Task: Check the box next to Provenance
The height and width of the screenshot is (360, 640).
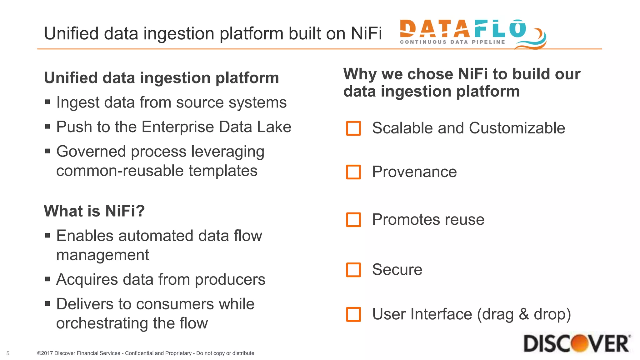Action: tap(353, 172)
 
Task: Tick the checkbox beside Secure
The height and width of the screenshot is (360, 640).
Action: tap(353, 270)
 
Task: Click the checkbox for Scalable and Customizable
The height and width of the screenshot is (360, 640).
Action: tap(353, 128)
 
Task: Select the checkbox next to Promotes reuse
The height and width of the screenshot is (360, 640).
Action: tap(353, 220)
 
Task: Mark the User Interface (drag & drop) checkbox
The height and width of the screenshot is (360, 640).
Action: tap(353, 314)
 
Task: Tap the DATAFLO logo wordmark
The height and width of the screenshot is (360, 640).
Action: tap(462, 29)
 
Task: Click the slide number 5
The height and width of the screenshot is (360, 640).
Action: tap(8, 353)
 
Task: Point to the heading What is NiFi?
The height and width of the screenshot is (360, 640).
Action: tap(94, 211)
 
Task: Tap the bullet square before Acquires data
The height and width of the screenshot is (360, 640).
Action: tap(47, 279)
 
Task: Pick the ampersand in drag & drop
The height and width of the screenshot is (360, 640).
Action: tap(524, 314)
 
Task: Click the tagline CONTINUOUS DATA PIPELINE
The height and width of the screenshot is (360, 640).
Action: tap(452, 42)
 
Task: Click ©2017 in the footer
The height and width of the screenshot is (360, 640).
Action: tap(45, 353)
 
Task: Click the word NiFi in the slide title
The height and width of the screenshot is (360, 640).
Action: tap(366, 33)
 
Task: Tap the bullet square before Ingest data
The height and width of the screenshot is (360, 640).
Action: tap(47, 102)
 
